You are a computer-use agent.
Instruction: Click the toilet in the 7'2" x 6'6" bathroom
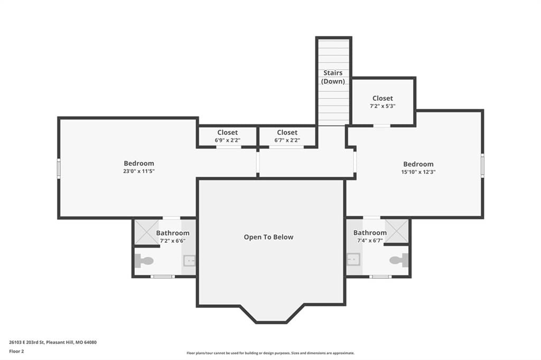click(144, 261)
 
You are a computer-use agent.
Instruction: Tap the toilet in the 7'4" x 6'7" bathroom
click(399, 260)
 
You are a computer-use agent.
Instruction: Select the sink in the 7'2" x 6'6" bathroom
click(189, 261)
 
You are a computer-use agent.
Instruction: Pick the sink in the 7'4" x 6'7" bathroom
click(353, 259)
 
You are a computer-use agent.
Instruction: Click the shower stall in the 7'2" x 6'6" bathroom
click(147, 232)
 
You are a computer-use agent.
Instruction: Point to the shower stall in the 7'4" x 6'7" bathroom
click(396, 231)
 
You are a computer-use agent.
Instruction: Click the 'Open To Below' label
click(268, 237)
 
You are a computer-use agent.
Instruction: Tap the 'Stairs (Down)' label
click(333, 77)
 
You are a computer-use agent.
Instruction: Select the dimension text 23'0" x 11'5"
click(139, 171)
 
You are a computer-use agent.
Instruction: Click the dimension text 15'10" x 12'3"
click(418, 172)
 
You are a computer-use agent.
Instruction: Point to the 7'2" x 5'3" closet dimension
click(383, 106)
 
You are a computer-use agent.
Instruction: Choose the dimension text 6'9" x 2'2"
click(227, 140)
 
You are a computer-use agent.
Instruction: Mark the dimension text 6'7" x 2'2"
click(287, 140)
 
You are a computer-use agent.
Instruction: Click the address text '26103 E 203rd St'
click(27, 343)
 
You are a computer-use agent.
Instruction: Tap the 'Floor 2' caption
click(16, 352)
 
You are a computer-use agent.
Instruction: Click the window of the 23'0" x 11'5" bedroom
click(59, 168)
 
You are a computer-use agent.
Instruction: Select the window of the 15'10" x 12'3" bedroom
click(482, 166)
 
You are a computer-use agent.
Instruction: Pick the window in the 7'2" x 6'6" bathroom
click(163, 277)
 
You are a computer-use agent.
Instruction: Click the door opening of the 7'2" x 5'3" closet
click(382, 126)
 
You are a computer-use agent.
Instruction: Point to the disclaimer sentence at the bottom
click(270, 353)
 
